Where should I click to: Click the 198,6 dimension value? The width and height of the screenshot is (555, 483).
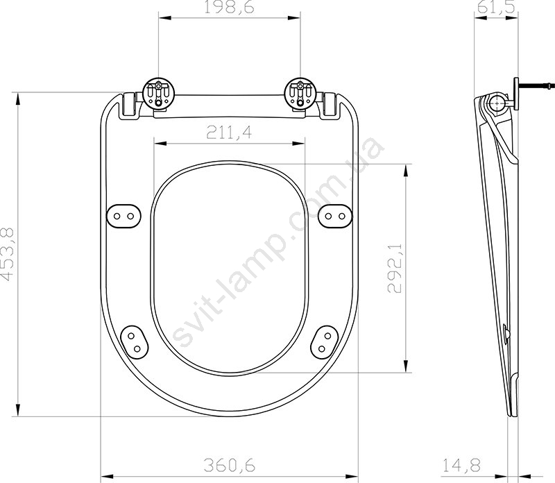(230, 7)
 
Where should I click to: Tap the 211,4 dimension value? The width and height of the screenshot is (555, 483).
(230, 133)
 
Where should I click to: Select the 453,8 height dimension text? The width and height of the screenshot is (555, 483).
(8, 254)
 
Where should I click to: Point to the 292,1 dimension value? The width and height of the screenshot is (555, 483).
(395, 268)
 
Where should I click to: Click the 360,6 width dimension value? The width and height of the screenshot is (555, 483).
(230, 465)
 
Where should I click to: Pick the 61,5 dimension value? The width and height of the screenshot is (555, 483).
(496, 7)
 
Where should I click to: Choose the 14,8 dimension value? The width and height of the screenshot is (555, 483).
(461, 465)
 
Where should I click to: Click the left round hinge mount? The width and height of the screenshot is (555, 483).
(158, 93)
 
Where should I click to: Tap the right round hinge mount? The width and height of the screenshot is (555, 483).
(300, 93)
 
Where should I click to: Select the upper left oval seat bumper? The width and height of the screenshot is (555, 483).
(123, 216)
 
